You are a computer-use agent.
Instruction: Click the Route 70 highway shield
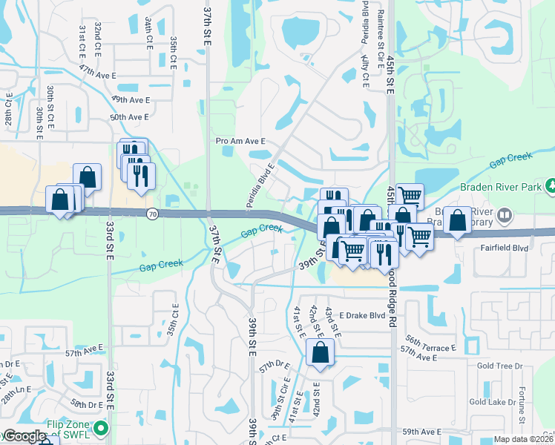tap(151, 214)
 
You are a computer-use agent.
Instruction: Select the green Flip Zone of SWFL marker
tap(101, 429)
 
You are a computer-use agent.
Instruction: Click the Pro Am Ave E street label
tap(240, 141)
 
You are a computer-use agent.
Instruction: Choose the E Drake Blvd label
tap(362, 316)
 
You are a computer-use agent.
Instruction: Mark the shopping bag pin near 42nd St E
tap(320, 355)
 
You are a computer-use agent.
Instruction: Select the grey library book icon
tap(505, 216)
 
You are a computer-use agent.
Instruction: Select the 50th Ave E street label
tap(129, 117)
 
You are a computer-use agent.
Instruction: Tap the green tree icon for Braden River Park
tap(551, 185)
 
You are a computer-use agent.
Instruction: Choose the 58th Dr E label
tap(87, 405)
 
